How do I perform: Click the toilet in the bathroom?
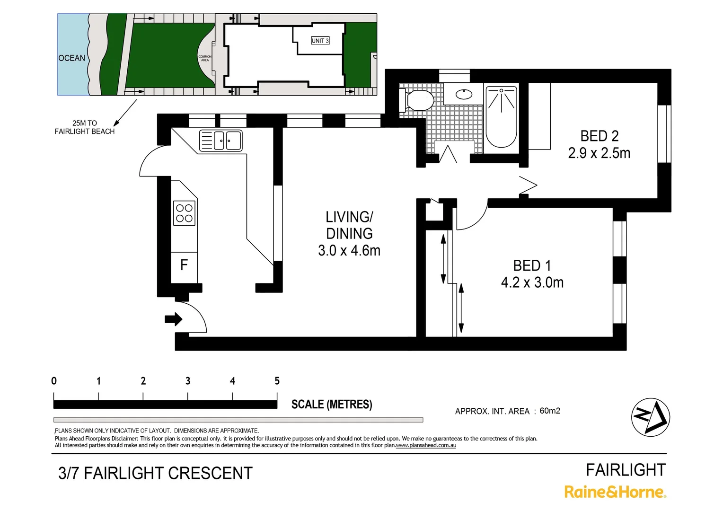418,100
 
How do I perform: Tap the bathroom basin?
464,94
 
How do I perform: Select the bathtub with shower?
501,117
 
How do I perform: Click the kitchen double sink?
221,141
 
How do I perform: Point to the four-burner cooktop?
184,213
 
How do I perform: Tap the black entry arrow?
174,319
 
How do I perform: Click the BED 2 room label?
599,136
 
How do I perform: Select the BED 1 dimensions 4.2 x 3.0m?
532,283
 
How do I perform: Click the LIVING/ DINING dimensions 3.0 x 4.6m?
349,251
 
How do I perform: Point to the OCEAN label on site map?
72,58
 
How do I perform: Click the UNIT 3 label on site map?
320,41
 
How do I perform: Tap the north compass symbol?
651,417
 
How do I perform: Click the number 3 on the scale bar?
188,381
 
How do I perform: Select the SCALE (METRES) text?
332,405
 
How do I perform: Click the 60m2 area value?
550,411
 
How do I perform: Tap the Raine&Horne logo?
615,492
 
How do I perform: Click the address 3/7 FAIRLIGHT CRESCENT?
155,473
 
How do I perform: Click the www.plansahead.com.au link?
426,445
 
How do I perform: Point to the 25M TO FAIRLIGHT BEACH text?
85,127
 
